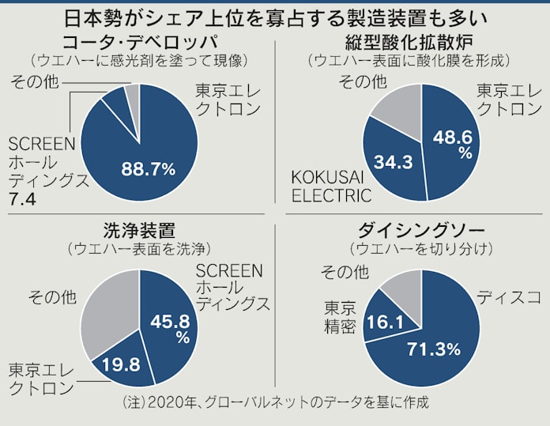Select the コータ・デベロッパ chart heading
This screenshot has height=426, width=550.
(137, 41)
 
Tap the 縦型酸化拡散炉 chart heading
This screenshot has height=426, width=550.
(409, 41)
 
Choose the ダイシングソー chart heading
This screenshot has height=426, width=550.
(410, 230)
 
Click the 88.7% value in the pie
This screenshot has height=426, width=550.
(148, 167)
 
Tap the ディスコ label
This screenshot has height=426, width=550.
(507, 298)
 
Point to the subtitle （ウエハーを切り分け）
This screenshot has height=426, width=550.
(409, 248)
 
